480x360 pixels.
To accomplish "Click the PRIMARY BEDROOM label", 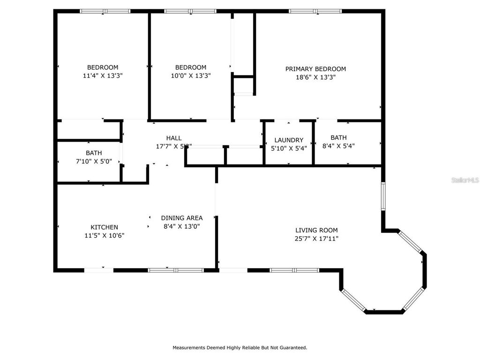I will [x=315, y=69].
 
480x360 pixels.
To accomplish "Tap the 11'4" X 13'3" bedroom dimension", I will [x=103, y=75].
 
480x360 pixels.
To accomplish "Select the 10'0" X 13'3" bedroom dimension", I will [x=190, y=75].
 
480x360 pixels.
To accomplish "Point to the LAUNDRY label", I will [x=289, y=140].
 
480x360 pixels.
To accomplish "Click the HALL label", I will [x=174, y=138].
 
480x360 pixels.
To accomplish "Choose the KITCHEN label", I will [x=104, y=227].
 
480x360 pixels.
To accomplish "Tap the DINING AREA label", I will [x=182, y=218].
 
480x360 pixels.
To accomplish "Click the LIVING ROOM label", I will [x=316, y=230].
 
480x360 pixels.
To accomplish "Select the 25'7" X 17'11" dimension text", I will [x=316, y=239].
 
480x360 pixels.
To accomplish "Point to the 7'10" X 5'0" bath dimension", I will [x=94, y=161].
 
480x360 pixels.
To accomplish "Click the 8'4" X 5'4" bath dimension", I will [x=338, y=146].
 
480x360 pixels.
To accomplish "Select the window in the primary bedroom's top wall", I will [x=315, y=11].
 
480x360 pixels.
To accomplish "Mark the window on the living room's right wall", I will [x=383, y=196].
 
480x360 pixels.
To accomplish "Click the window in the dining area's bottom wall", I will [x=176, y=270].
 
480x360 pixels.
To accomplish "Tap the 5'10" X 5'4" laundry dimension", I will [x=289, y=148].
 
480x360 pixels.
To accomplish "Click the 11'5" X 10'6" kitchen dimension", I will [x=104, y=236].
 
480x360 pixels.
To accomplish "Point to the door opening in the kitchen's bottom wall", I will [x=99, y=270].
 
